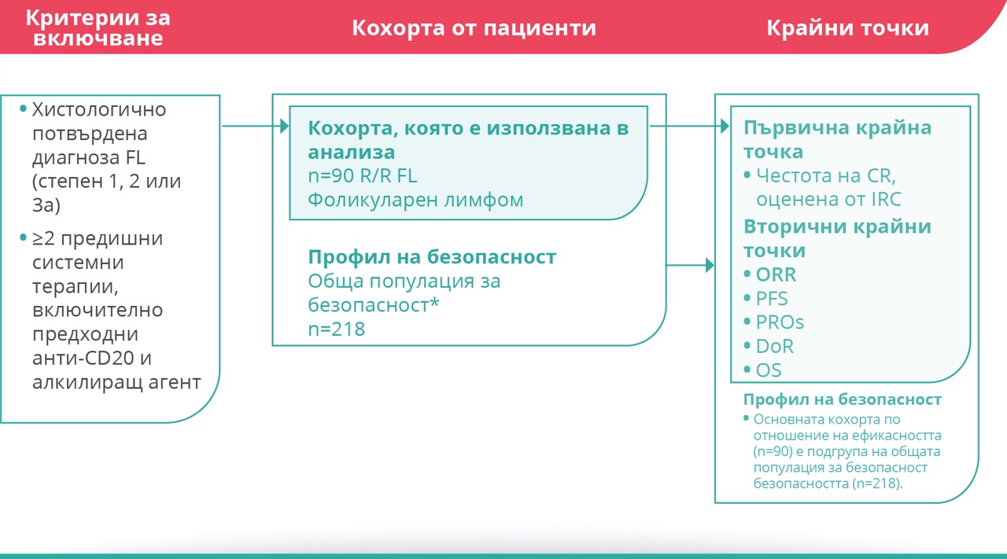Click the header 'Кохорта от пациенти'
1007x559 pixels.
point(474,28)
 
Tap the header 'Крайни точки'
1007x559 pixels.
point(847,28)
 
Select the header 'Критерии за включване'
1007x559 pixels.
point(98,28)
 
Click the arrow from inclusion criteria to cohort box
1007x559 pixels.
point(256,126)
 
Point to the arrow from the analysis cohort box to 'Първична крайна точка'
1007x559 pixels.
point(689,126)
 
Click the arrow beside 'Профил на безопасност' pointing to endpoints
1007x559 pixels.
point(690,265)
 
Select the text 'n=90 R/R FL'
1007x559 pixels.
point(363,175)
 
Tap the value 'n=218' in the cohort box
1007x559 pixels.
point(336,329)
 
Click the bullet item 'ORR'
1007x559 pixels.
point(776,274)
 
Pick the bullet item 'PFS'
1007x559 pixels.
point(772,299)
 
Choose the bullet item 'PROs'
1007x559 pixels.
point(780,322)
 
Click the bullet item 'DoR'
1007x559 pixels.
point(774,347)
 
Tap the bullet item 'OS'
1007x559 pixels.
point(769,370)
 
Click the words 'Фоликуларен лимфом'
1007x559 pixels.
point(415,200)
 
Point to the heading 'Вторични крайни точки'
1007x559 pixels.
point(837,238)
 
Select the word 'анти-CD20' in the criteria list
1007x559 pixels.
point(83,359)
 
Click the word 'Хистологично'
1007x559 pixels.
point(99,109)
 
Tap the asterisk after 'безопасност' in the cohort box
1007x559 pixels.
point(434,302)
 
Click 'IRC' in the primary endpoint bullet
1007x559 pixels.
point(886,200)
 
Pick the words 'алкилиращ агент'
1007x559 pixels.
point(116,383)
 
